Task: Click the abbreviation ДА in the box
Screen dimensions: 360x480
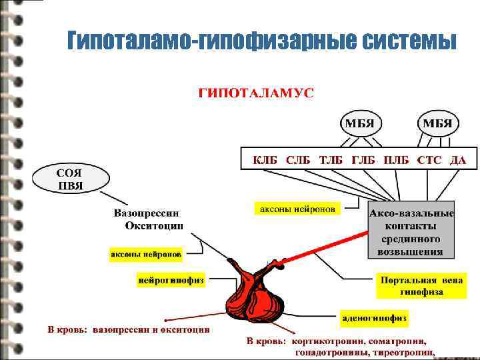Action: pos(457,160)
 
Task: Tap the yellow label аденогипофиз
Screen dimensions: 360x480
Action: pos(374,317)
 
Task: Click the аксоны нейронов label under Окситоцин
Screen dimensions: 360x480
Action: pos(145,255)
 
